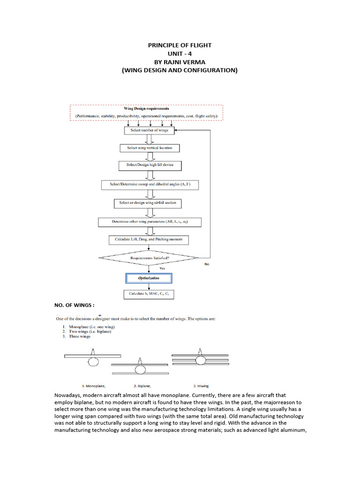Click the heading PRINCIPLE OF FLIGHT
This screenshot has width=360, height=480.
pyautogui.click(x=180, y=45)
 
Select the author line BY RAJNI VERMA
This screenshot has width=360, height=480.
pyautogui.click(x=180, y=62)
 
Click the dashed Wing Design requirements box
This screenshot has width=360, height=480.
pyautogui.click(x=146, y=112)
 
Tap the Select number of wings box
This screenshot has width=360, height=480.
pyautogui.click(x=150, y=130)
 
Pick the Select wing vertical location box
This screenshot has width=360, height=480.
pyautogui.click(x=150, y=148)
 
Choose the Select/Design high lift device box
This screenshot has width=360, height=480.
pyautogui.click(x=150, y=165)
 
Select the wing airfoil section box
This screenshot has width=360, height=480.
pyautogui.click(x=147, y=203)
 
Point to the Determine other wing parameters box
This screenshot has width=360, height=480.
pyautogui.click(x=150, y=221)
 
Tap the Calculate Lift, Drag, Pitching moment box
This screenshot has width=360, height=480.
pyautogui.click(x=149, y=240)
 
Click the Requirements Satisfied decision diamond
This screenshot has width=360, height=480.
pyautogui.click(x=149, y=258)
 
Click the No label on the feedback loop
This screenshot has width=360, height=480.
pyautogui.click(x=207, y=264)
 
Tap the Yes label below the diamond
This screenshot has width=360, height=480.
pyautogui.click(x=162, y=269)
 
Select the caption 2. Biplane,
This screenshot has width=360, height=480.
pyautogui.click(x=142, y=386)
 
